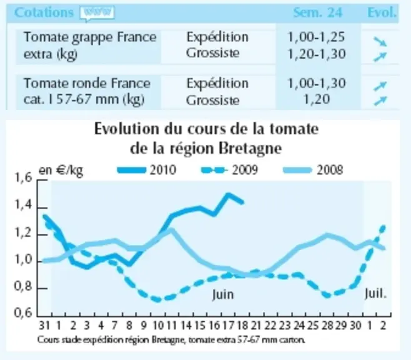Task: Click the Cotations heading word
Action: [44, 12]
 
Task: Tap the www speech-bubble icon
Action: [97, 13]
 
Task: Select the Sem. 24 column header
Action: [318, 12]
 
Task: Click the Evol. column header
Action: [382, 12]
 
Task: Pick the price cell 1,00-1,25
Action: [317, 37]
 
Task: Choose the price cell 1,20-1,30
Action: [317, 54]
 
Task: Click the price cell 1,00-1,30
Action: [317, 83]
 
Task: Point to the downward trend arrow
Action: [380, 41]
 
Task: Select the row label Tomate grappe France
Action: [90, 37]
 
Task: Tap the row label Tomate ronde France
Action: [87, 83]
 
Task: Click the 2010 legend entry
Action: [147, 170]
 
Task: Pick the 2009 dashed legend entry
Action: [230, 170]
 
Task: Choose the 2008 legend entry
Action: [313, 170]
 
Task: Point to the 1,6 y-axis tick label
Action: [23, 177]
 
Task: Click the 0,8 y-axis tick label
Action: [23, 286]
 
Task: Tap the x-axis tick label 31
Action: [44, 326]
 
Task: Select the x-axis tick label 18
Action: [242, 326]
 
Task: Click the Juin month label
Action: [223, 294]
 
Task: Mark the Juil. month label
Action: [375, 294]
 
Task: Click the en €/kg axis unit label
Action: [61, 171]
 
